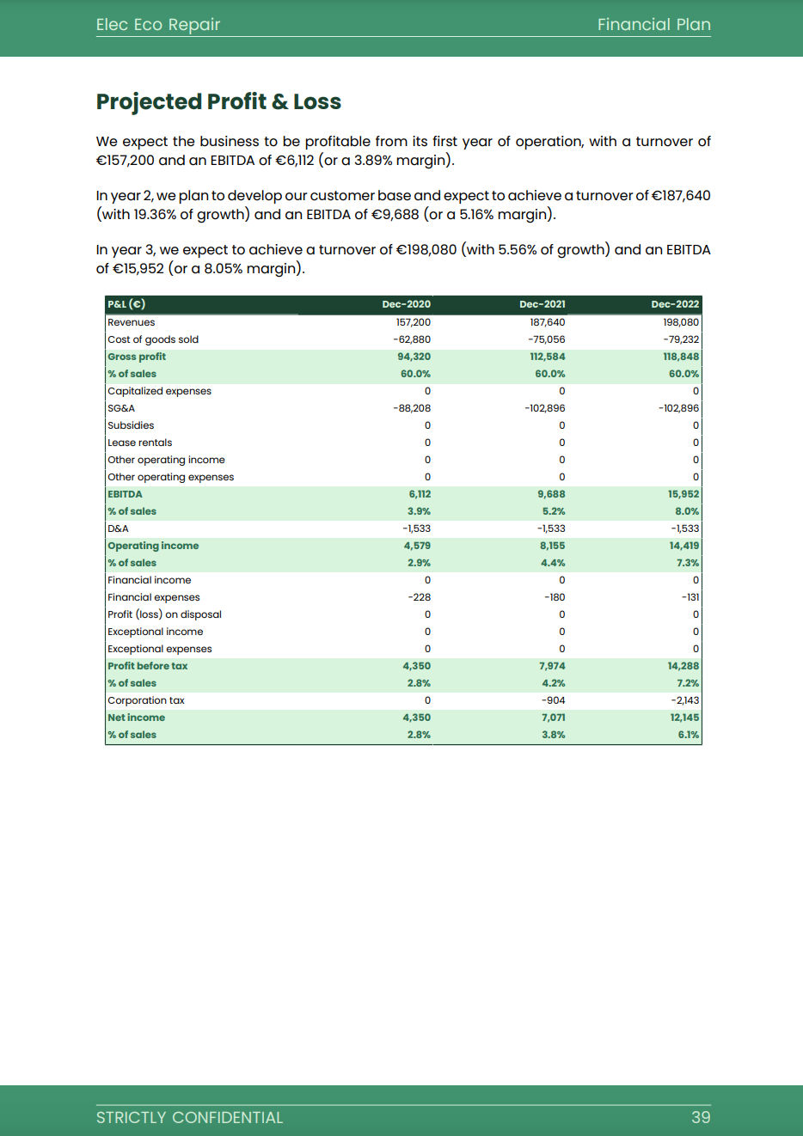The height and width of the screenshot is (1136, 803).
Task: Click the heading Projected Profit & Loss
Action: tap(218, 101)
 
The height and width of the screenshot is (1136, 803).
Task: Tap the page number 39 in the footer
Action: tap(701, 1117)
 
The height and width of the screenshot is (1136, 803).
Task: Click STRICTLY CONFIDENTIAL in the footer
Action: tap(189, 1117)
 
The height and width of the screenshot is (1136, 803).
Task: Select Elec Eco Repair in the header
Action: tap(158, 24)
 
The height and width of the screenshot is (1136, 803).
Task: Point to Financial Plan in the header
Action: tap(653, 24)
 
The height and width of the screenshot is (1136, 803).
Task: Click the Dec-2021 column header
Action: tap(542, 304)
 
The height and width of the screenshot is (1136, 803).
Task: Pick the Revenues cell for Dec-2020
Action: tap(413, 322)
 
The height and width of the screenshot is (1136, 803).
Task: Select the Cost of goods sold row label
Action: tap(153, 339)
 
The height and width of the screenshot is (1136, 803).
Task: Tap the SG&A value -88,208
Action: tap(412, 408)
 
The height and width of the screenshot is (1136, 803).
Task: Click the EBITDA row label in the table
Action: tap(126, 494)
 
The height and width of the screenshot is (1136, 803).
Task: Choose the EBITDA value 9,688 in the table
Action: tap(551, 494)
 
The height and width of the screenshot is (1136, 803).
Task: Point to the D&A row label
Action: tap(119, 528)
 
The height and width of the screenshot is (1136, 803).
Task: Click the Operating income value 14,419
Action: tap(683, 546)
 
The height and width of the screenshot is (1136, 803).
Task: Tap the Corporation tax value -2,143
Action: tap(684, 700)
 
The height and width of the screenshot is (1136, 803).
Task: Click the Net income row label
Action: tap(137, 718)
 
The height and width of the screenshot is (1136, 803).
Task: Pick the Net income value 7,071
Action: tap(553, 718)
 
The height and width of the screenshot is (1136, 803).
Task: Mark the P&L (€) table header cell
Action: tap(126, 304)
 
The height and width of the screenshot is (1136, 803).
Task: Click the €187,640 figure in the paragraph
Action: tap(680, 195)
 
